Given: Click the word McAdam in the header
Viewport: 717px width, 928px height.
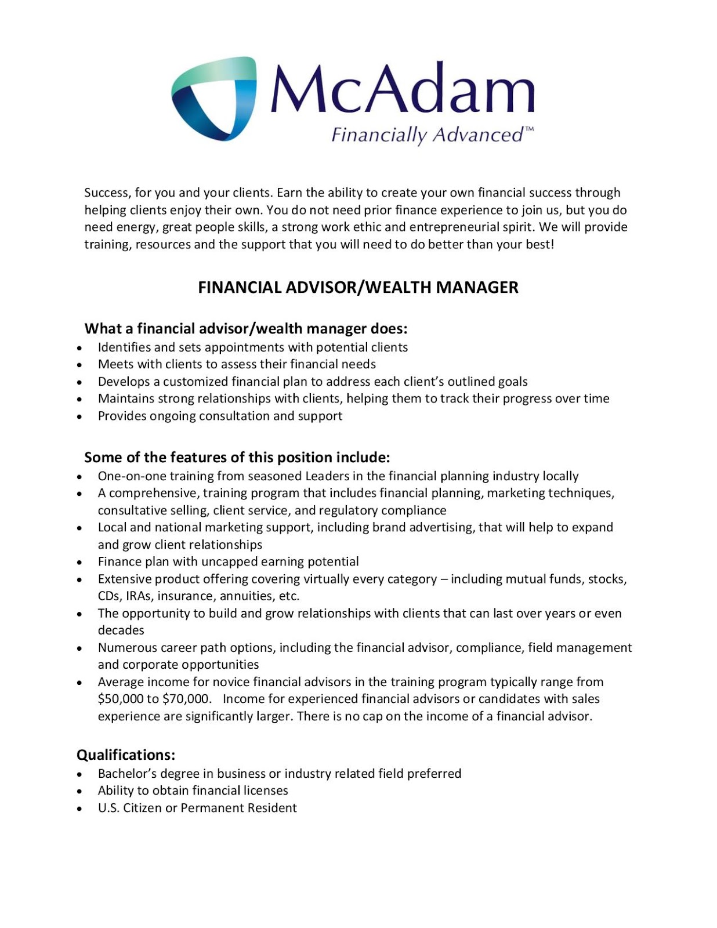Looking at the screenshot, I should (x=401, y=88).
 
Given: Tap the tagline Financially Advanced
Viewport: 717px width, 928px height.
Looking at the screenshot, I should (x=428, y=135).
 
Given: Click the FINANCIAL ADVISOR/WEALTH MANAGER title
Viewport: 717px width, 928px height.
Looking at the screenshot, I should (x=358, y=288).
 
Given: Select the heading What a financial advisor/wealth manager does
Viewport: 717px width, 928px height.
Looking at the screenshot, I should (x=246, y=329).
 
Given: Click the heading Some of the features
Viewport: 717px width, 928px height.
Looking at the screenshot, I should (x=237, y=458).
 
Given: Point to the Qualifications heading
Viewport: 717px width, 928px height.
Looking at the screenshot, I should (x=126, y=755).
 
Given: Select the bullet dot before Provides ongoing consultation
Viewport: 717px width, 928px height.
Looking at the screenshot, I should (x=79, y=416).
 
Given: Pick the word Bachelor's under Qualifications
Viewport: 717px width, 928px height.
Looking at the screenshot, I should (x=127, y=774).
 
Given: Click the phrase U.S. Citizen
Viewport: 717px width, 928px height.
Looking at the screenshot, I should (x=129, y=808).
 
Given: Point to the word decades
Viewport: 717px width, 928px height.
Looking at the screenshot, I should (x=121, y=630).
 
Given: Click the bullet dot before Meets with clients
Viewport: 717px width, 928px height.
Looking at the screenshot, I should (x=79, y=365).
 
